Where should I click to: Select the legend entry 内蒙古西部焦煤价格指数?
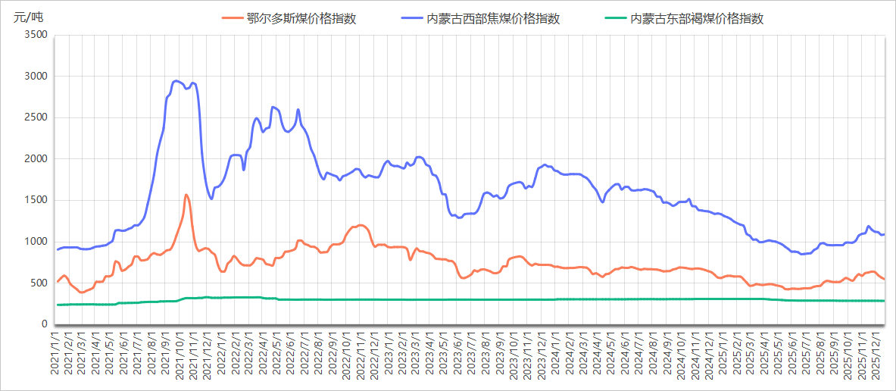(493, 19)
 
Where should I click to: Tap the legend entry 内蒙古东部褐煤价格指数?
(697, 19)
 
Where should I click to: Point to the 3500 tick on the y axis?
(36, 35)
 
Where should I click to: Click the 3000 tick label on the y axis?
(36, 77)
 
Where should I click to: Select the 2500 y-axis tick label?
(36, 117)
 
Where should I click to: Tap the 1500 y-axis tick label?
(36, 200)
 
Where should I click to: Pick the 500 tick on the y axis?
(39, 283)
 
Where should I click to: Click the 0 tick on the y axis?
(44, 324)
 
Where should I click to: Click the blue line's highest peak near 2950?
(176, 81)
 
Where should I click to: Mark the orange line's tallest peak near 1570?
(186, 195)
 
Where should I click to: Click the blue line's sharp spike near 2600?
(298, 110)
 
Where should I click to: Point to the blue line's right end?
(884, 234)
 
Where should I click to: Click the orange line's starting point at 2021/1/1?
(58, 281)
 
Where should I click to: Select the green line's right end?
(884, 301)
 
